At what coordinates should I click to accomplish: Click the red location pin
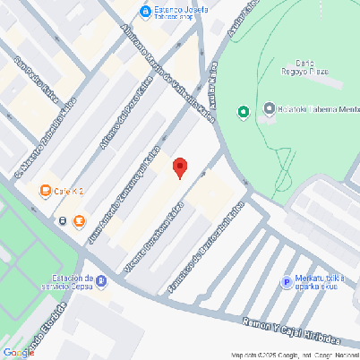coord(180,167)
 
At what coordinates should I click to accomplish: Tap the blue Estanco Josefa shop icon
coord(145,11)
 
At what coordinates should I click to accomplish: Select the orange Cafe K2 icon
coord(45,191)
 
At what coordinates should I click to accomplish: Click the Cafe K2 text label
coord(69,191)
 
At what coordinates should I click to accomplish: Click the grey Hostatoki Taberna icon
coord(269,110)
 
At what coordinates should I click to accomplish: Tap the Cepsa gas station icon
coord(101,281)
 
